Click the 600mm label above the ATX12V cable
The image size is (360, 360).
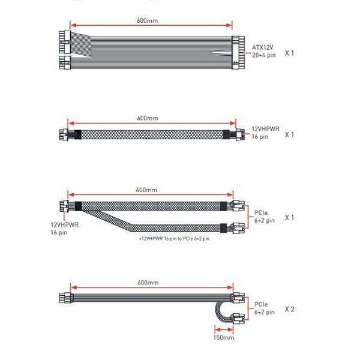148,20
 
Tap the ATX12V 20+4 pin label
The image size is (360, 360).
263,51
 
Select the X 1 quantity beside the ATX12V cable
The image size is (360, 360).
289,53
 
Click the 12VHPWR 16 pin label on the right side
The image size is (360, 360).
265,133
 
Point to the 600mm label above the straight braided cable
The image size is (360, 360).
148,118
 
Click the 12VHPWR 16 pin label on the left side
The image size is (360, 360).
65,229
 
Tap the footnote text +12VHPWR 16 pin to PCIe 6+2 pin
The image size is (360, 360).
174,239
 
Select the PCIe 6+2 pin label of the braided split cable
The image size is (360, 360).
265,217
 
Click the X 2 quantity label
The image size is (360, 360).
290,309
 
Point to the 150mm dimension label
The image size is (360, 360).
224,337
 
